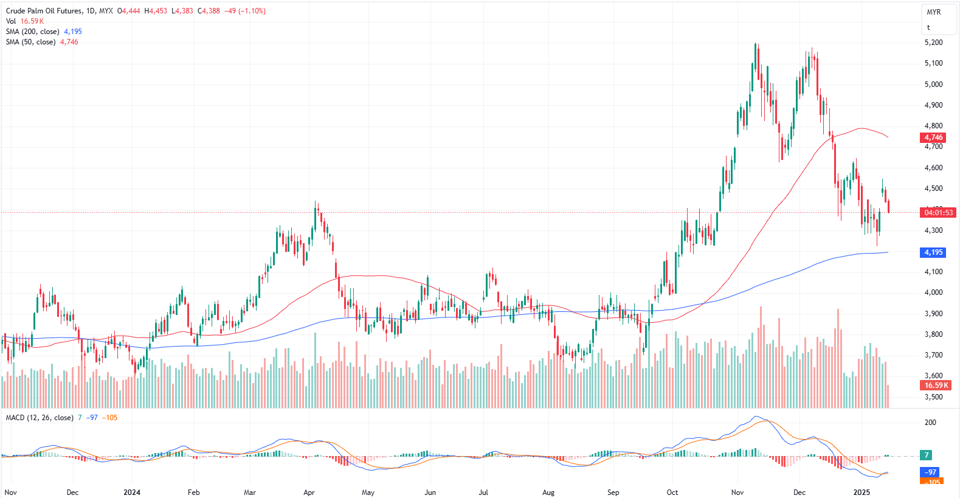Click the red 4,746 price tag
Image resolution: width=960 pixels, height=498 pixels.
(933, 137)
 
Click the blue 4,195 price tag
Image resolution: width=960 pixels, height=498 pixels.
(933, 252)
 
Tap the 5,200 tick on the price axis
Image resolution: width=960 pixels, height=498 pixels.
(933, 43)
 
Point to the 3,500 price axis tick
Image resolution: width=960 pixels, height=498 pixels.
(933, 396)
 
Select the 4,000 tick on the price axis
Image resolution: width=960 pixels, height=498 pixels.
(933, 292)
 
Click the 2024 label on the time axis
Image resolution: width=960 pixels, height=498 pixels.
(131, 492)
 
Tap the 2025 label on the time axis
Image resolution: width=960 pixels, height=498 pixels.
(862, 492)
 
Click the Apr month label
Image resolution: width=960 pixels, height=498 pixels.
(309, 492)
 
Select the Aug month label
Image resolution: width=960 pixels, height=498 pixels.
(548, 492)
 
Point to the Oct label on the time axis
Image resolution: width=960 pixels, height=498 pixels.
(672, 492)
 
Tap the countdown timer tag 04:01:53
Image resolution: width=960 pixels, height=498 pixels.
(938, 213)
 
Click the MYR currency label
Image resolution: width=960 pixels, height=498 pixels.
(933, 12)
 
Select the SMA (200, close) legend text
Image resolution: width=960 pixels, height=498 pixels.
(33, 32)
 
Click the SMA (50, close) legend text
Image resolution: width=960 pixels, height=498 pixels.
(30, 42)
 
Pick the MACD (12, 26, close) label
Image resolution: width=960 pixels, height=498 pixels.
(40, 418)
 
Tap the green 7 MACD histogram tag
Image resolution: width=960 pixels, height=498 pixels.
(927, 455)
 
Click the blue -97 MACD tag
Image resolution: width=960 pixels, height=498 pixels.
(930, 472)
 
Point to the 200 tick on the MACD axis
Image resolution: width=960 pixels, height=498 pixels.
(930, 422)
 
